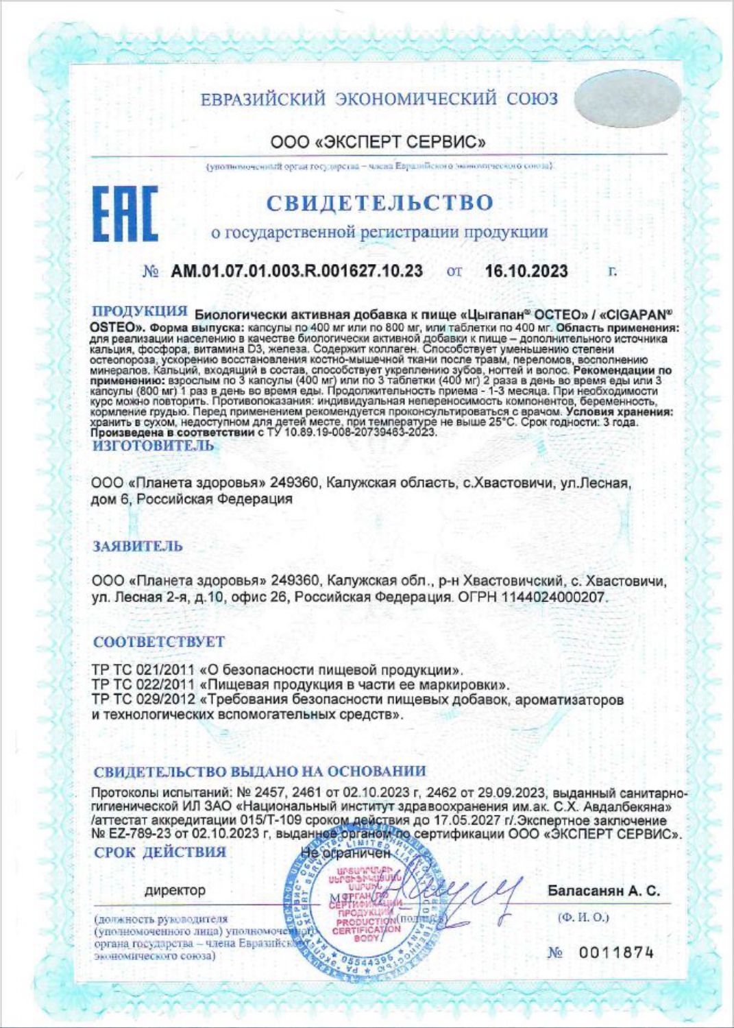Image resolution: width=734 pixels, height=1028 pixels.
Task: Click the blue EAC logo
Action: coord(125,214)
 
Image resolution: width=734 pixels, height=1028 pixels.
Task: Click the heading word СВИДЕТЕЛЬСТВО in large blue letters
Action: coord(379,203)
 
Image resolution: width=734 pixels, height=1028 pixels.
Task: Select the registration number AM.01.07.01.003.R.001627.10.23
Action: coord(296,272)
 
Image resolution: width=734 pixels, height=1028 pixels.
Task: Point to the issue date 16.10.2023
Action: coord(526,272)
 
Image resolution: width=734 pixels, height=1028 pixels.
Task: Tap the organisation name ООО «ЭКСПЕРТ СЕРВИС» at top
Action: coord(378,143)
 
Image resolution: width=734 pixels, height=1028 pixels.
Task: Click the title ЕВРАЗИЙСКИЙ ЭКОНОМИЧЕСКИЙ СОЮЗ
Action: coord(379,99)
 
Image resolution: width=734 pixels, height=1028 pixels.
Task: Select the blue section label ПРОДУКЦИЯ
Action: coord(139,312)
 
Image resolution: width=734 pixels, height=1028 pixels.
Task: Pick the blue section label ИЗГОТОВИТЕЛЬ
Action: coord(153,446)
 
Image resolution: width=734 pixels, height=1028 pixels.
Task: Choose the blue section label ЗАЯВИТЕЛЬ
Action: coord(138,547)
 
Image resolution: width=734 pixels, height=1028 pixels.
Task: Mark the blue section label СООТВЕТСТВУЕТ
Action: coord(158,642)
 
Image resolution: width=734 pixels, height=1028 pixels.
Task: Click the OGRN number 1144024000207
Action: coord(554,597)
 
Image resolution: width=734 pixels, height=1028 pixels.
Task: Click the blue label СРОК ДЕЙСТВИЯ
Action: coord(159,852)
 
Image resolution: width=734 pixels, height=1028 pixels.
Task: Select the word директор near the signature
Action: coord(174,890)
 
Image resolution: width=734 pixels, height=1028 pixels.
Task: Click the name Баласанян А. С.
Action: coord(603,891)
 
